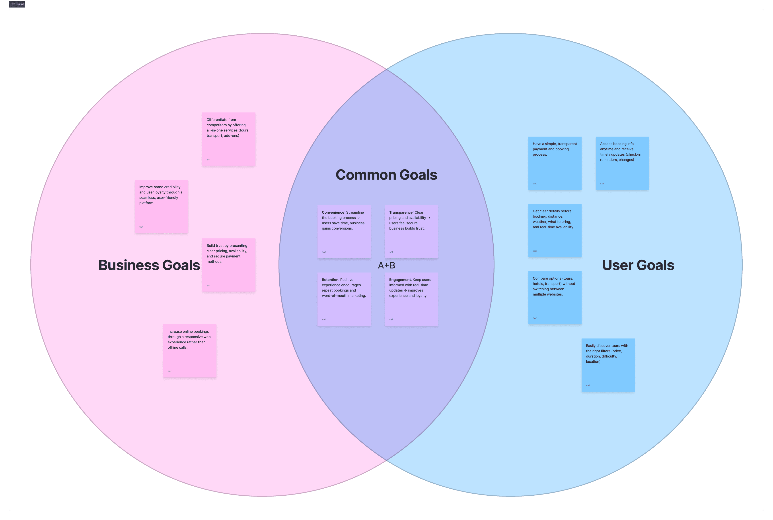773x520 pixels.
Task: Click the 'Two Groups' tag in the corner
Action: (17, 4)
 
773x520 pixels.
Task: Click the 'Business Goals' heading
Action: (149, 265)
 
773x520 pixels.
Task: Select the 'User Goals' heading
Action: (638, 265)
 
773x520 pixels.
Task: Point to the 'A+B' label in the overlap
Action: (386, 265)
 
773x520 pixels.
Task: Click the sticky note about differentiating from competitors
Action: (229, 139)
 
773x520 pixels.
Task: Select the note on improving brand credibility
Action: (161, 206)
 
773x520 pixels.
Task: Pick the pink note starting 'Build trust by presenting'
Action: (229, 265)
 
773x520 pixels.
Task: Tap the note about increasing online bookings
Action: (189, 351)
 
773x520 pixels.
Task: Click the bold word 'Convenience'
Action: (333, 213)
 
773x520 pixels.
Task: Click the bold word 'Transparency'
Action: (401, 213)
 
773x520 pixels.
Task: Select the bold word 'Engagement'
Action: (400, 280)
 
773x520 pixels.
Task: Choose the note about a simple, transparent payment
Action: (555, 163)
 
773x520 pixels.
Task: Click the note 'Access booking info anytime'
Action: (622, 163)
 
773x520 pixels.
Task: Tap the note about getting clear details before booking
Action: (555, 230)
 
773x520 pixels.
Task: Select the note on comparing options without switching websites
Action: (555, 298)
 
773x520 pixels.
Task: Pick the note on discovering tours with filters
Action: (608, 365)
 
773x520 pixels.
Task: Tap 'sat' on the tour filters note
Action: (588, 386)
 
